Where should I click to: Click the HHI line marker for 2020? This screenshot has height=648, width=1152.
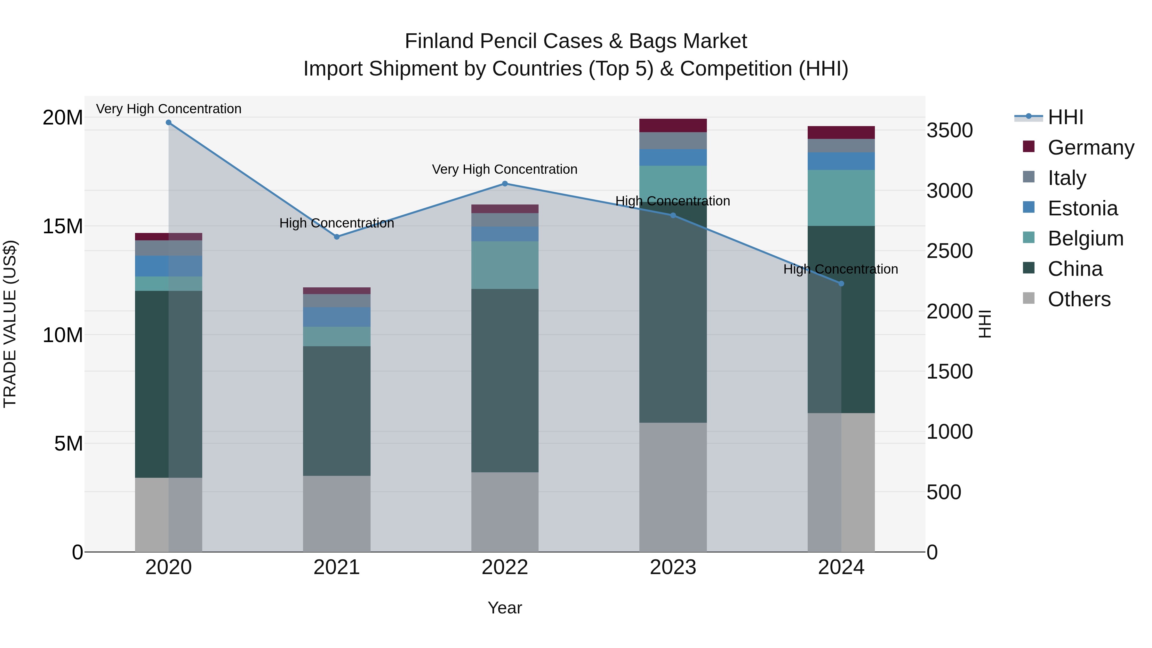169,123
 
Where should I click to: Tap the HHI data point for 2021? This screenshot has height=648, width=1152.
337,237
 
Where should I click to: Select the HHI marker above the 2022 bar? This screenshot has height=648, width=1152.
505,184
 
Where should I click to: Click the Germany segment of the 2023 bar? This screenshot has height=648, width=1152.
673,126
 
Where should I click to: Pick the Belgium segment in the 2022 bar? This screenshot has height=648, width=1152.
505,265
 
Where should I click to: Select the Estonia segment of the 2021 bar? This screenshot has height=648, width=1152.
337,317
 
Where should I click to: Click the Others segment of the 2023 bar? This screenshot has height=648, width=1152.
673,487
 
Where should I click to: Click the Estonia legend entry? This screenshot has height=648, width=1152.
1082,208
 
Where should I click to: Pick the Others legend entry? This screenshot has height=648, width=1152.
1079,299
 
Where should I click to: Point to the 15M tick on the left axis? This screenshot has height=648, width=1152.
63,226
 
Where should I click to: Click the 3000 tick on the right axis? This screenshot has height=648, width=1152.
949,191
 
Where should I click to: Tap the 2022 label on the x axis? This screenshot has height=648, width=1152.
505,567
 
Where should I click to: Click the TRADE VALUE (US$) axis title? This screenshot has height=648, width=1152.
10,324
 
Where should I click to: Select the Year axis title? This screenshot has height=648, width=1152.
505,608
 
